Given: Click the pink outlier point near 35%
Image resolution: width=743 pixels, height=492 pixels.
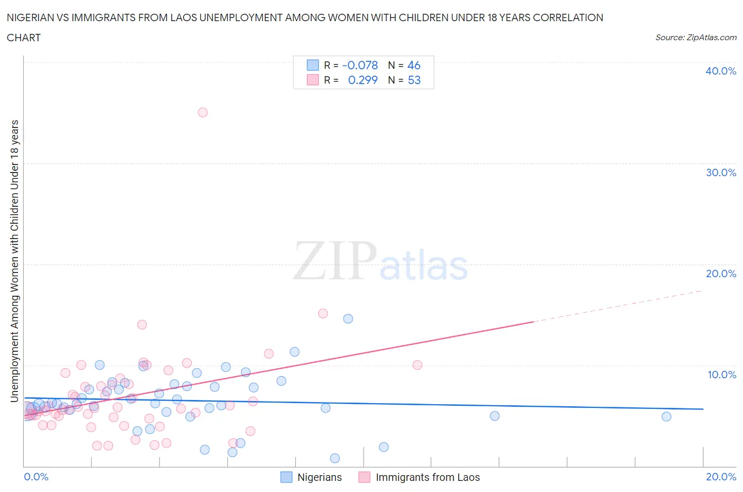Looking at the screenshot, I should click(202, 112).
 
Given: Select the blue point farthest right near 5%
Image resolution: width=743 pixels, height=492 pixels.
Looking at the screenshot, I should click(666, 416).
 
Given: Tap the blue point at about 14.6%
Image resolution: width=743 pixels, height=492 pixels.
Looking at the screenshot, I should click(348, 318).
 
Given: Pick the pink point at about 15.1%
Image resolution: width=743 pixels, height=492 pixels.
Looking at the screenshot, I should click(323, 313).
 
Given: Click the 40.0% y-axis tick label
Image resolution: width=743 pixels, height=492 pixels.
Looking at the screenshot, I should click(721, 71).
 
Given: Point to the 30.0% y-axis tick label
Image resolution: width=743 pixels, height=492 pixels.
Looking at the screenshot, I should click(721, 172).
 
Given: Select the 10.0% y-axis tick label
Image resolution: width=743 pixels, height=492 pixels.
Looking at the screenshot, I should click(721, 375).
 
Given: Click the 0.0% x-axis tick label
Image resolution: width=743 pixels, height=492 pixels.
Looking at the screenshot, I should click(36, 477).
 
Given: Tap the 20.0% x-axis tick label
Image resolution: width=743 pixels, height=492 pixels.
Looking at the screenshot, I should click(721, 477).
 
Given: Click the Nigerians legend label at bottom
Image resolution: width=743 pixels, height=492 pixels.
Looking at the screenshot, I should click(319, 477).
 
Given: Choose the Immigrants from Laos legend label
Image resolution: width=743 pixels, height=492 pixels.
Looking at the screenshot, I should click(428, 477).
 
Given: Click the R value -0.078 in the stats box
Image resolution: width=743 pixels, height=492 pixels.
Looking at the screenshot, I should click(360, 65).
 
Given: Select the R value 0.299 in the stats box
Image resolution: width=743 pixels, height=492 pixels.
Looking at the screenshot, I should click(363, 80).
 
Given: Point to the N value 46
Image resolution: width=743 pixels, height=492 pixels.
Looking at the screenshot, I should click(414, 65).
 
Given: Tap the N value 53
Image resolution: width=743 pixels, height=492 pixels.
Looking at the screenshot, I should click(414, 80).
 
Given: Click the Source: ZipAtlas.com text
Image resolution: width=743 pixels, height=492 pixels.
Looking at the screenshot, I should click(695, 37).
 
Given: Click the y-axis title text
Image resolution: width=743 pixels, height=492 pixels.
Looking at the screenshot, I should click(14, 261).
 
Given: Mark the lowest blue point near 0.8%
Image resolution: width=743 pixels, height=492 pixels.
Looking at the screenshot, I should click(335, 458).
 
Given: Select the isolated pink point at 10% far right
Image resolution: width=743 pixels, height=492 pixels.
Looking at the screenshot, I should click(417, 365).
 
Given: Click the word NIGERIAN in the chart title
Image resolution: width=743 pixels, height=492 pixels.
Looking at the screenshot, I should click(32, 17).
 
